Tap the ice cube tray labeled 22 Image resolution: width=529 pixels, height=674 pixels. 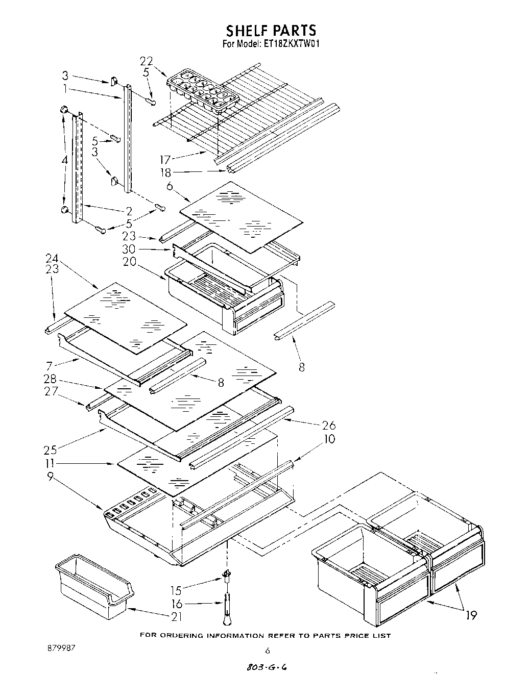[x=203, y=92]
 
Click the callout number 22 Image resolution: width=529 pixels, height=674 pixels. [x=147, y=62]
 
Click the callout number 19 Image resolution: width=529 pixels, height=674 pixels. [x=470, y=616]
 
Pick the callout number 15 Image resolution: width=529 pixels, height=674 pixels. [x=176, y=590]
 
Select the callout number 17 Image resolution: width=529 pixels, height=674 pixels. [x=165, y=160]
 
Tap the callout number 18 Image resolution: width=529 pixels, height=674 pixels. [x=165, y=173]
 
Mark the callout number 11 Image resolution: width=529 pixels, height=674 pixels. [x=50, y=463]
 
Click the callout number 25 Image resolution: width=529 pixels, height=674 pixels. [x=50, y=450]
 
